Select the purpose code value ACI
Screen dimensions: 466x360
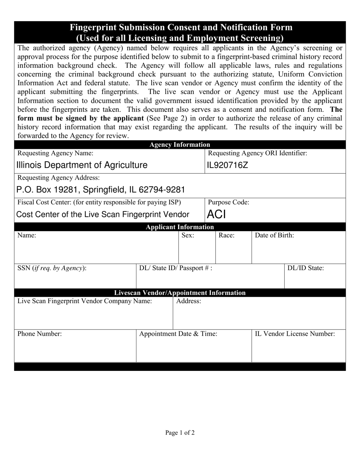[216, 215]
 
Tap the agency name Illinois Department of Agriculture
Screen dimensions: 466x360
[81, 165]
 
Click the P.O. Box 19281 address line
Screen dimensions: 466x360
[100, 189]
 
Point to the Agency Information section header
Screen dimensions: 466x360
[180, 145]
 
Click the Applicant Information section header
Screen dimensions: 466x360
[180, 227]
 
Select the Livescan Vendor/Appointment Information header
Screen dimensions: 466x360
[180, 293]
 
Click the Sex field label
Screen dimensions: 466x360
[188, 236]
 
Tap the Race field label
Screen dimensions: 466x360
[227, 236]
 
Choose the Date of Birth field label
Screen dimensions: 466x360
[274, 236]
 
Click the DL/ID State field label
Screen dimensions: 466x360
[305, 268]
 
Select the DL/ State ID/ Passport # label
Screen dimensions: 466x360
[176, 268]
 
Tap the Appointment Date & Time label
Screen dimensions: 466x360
[178, 334]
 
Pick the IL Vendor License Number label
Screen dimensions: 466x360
[295, 334]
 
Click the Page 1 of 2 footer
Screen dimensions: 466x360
[180, 433]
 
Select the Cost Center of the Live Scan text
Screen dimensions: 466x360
[103, 215]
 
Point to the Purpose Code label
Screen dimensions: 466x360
[229, 202]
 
